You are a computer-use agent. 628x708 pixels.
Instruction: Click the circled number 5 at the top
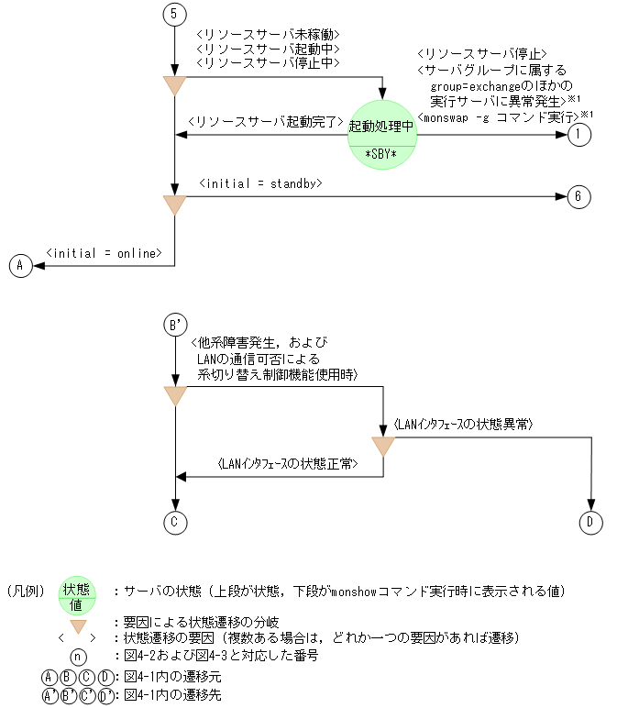[x=174, y=15]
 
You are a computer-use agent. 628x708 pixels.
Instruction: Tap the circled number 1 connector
[x=579, y=135]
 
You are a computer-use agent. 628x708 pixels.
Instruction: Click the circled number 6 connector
[x=579, y=197]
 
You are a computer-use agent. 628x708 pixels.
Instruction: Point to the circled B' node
[x=174, y=325]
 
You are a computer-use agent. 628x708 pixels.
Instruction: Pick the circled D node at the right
[x=591, y=522]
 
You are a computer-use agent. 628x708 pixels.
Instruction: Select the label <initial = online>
[x=105, y=252]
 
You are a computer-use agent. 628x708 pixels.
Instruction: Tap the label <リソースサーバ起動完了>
[x=264, y=122]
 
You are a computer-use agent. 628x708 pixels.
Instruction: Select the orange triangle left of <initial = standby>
[x=174, y=204]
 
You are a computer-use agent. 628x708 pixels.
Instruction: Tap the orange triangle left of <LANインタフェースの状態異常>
[x=382, y=446]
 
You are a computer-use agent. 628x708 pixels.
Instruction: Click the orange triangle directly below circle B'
[x=174, y=395]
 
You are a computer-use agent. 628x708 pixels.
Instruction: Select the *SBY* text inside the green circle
[x=381, y=152]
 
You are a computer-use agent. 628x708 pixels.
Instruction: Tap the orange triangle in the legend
[x=80, y=626]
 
